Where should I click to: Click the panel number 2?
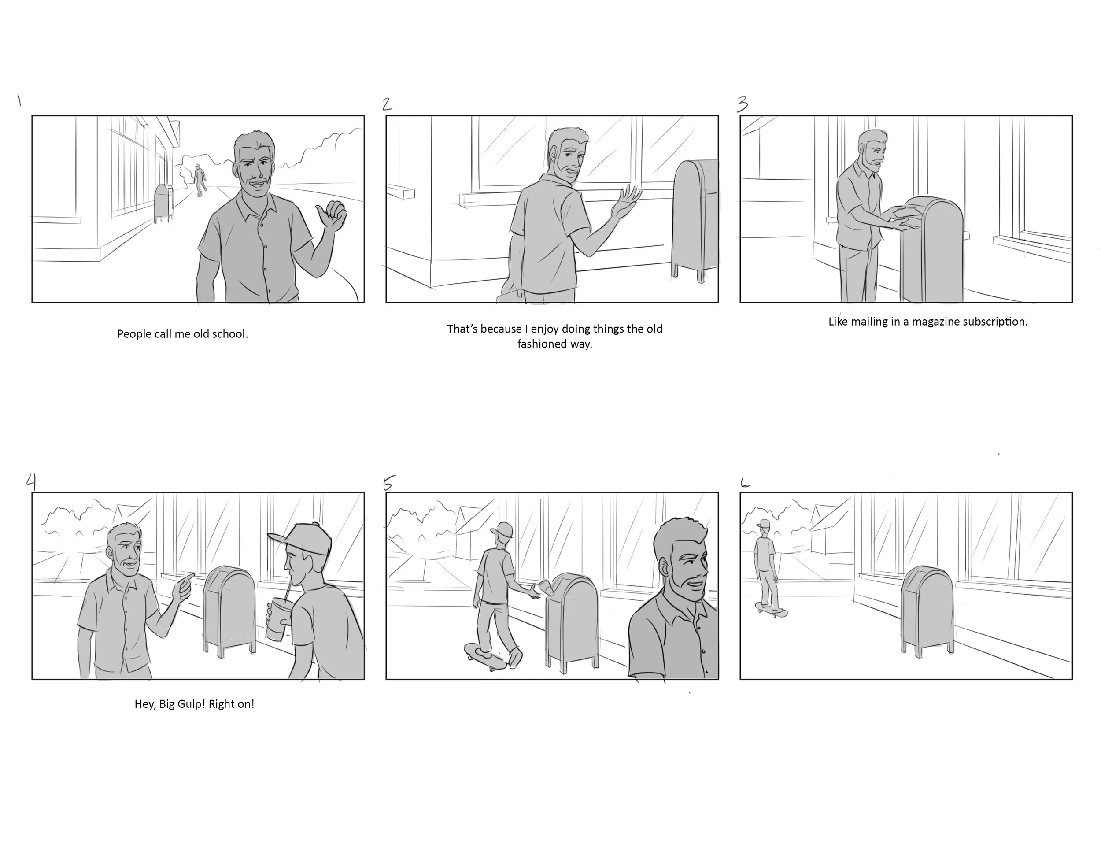click(x=387, y=104)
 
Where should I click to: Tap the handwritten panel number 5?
click(x=388, y=482)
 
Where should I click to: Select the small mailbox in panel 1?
click(x=163, y=203)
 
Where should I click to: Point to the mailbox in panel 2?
click(x=695, y=220)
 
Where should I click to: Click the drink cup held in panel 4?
click(x=276, y=619)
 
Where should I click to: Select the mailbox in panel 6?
click(x=927, y=611)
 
